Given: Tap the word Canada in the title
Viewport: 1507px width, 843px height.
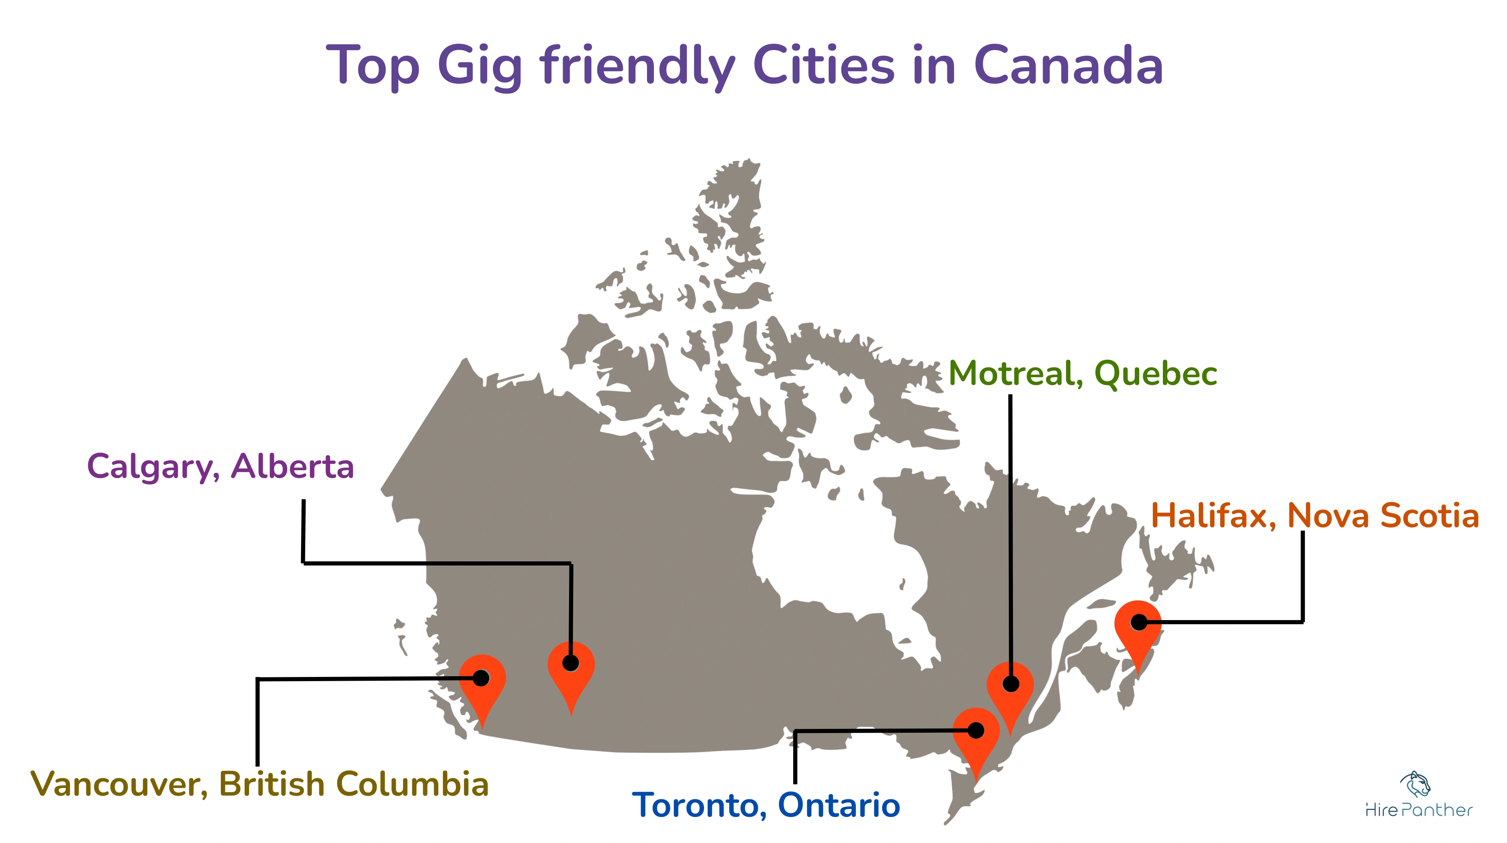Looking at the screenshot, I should [1068, 66].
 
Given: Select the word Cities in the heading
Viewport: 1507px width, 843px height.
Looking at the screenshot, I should [824, 66].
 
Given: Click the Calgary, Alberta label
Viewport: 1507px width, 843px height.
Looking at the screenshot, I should [220, 466].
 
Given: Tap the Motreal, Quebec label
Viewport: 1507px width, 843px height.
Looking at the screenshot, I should [1083, 373].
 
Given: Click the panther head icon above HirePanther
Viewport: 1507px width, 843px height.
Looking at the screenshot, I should [1416, 784].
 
